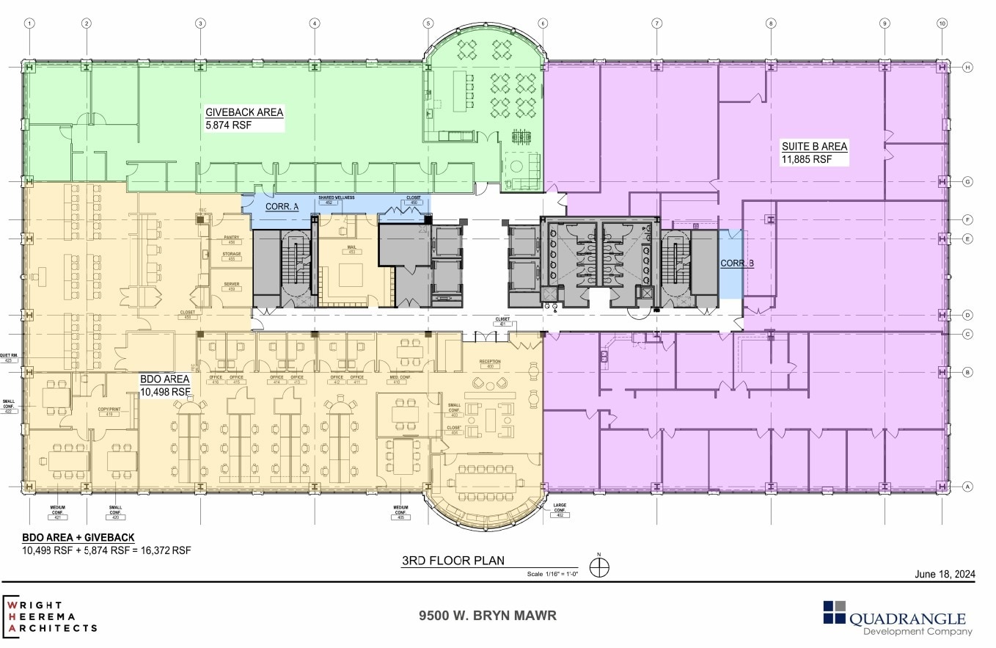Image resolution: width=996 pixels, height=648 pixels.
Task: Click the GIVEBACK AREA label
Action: pyautogui.click(x=244, y=112)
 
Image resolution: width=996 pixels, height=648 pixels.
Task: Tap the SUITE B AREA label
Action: pyautogui.click(x=814, y=146)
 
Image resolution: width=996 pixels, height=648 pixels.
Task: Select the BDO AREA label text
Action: pyautogui.click(x=165, y=379)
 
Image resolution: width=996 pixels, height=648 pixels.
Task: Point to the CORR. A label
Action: pyautogui.click(x=282, y=207)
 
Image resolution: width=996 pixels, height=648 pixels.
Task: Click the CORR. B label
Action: pyautogui.click(x=736, y=263)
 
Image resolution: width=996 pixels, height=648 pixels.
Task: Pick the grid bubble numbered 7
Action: pyautogui.click(x=656, y=23)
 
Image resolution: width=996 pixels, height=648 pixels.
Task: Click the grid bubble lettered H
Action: pyautogui.click(x=967, y=68)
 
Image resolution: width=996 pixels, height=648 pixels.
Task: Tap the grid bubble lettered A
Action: pyautogui.click(x=967, y=487)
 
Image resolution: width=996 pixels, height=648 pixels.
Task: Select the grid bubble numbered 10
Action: pyautogui.click(x=942, y=23)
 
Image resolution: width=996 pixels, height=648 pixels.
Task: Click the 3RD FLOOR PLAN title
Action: pyautogui.click(x=453, y=561)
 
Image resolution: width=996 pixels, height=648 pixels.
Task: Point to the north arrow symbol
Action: pyautogui.click(x=601, y=567)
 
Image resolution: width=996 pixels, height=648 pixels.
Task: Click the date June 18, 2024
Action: pyautogui.click(x=945, y=575)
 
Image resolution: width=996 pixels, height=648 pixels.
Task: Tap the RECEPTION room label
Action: pyautogui.click(x=489, y=363)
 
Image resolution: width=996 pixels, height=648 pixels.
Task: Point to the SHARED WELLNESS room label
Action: pyautogui.click(x=337, y=197)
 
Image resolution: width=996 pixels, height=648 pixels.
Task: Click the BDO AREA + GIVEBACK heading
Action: pyautogui.click(x=78, y=537)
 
